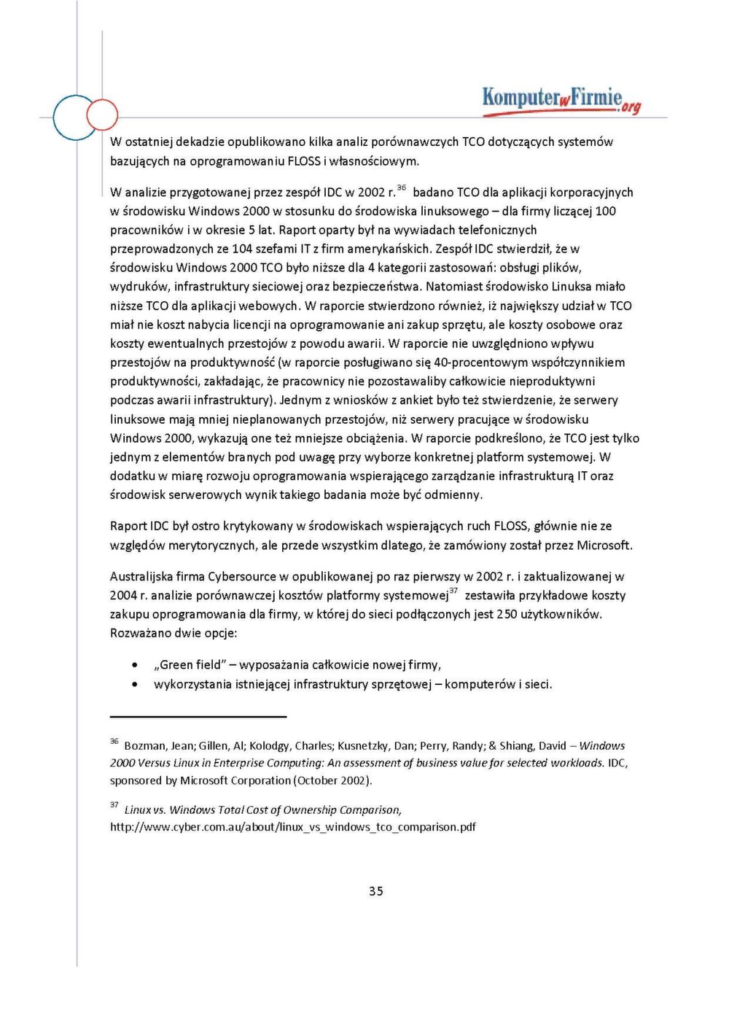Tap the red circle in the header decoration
(102, 115)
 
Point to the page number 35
(375, 891)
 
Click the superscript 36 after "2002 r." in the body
(402, 187)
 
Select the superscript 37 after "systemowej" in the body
(453, 591)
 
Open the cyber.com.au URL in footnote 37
(293, 827)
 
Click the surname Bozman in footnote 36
(144, 745)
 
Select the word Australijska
(141, 576)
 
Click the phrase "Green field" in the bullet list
(190, 664)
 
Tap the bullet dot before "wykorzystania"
(135, 684)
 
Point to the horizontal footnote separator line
(198, 716)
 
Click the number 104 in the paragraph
(242, 249)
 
